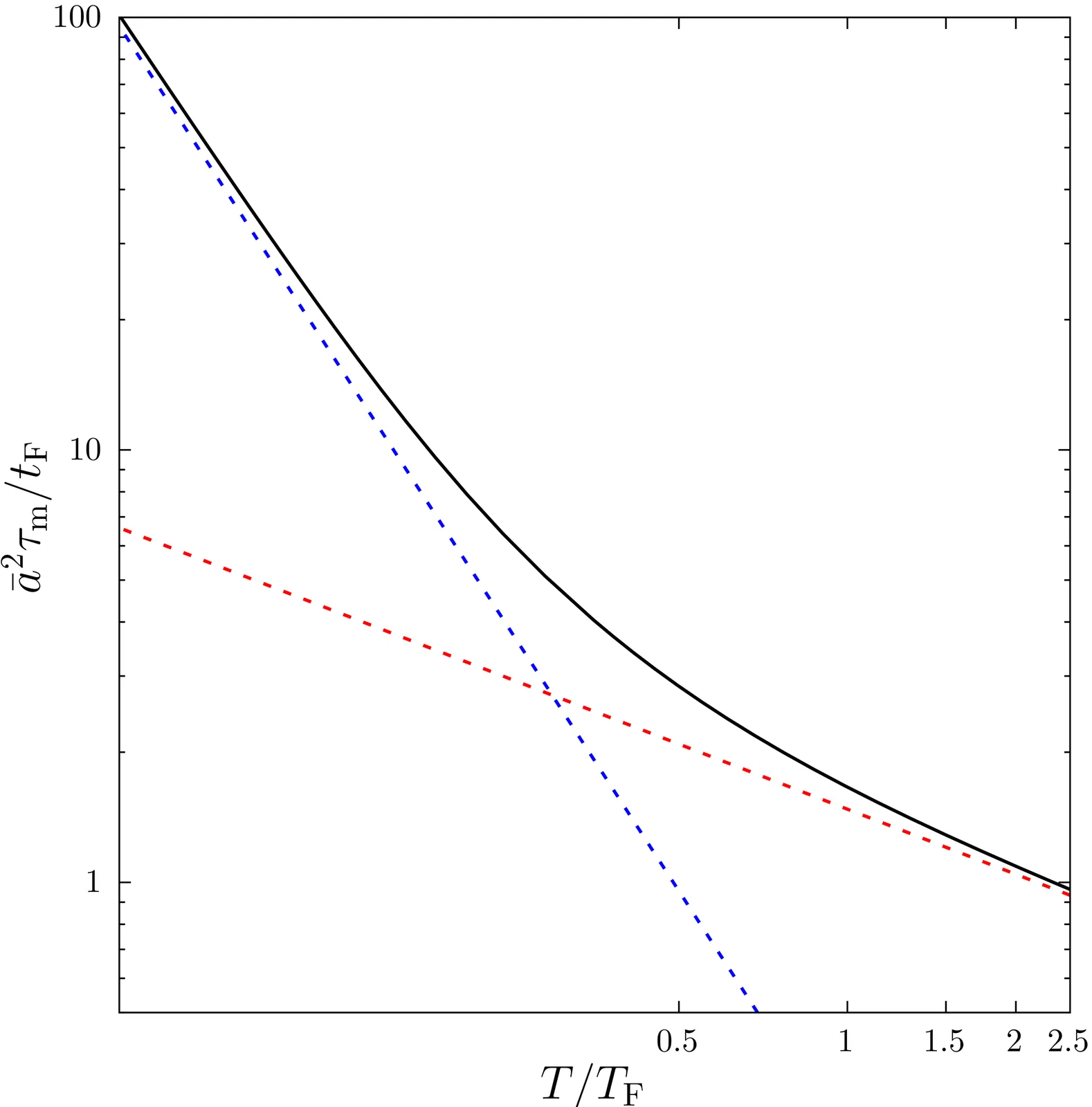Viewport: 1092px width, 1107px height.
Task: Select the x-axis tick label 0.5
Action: click(x=677, y=1041)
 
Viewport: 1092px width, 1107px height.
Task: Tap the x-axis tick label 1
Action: click(x=846, y=1041)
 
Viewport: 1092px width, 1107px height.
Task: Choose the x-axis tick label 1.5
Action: click(x=945, y=1041)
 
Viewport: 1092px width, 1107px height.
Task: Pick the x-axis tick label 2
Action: click(x=1014, y=1041)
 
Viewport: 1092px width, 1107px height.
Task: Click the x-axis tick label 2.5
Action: click(x=1068, y=1041)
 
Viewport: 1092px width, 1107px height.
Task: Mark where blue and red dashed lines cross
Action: click(x=552, y=695)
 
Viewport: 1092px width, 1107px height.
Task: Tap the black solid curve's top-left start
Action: click(x=121, y=18)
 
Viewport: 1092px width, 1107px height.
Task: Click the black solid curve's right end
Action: click(x=1069, y=889)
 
